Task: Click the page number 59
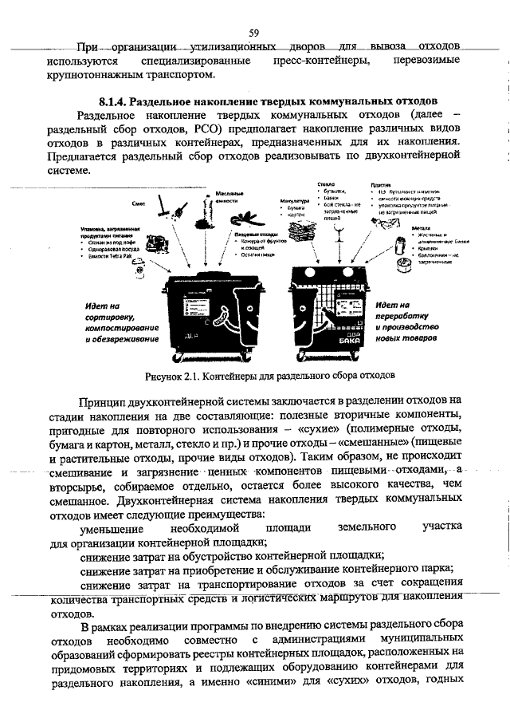[254, 33]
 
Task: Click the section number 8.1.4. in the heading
[114, 102]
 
